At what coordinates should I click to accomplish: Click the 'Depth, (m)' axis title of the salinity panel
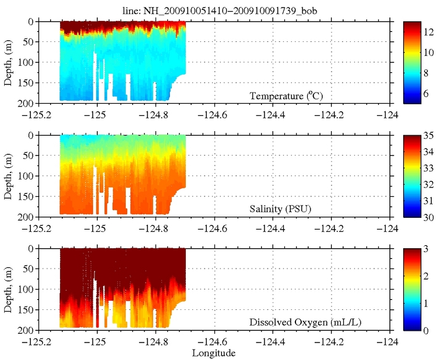point(8,175)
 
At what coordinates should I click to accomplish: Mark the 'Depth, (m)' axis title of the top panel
point(8,62)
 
